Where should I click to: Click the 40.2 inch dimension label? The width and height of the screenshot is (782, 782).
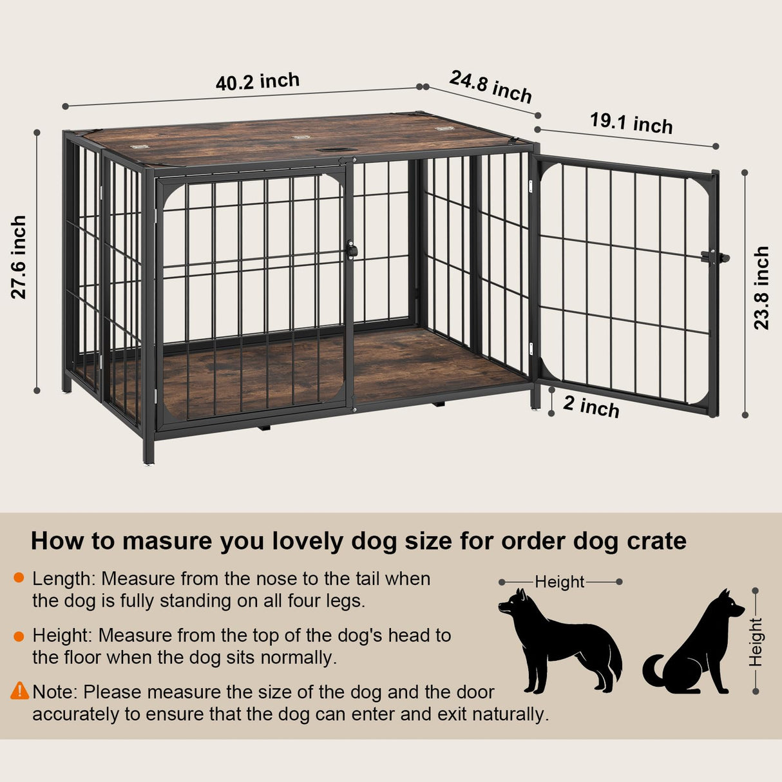click(x=258, y=82)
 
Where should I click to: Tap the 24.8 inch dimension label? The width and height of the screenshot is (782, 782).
click(x=491, y=86)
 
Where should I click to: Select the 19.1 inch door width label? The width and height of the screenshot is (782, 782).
click(x=631, y=122)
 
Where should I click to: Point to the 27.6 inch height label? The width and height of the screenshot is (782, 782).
click(x=19, y=257)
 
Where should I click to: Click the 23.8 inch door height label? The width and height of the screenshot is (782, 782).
click(x=761, y=287)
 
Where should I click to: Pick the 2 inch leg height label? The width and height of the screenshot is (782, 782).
click(x=591, y=406)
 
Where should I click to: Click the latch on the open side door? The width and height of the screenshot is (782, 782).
click(x=716, y=258)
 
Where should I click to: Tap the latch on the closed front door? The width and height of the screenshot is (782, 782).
click(x=352, y=250)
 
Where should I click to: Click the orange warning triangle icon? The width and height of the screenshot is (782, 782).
click(x=20, y=691)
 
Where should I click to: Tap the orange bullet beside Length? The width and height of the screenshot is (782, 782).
click(x=19, y=578)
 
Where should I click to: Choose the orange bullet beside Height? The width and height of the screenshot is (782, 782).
click(x=19, y=636)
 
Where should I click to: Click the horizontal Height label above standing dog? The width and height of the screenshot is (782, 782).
click(x=559, y=582)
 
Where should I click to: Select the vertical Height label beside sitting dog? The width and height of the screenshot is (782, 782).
click(x=755, y=642)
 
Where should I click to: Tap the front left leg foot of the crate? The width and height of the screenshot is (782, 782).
click(x=149, y=458)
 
